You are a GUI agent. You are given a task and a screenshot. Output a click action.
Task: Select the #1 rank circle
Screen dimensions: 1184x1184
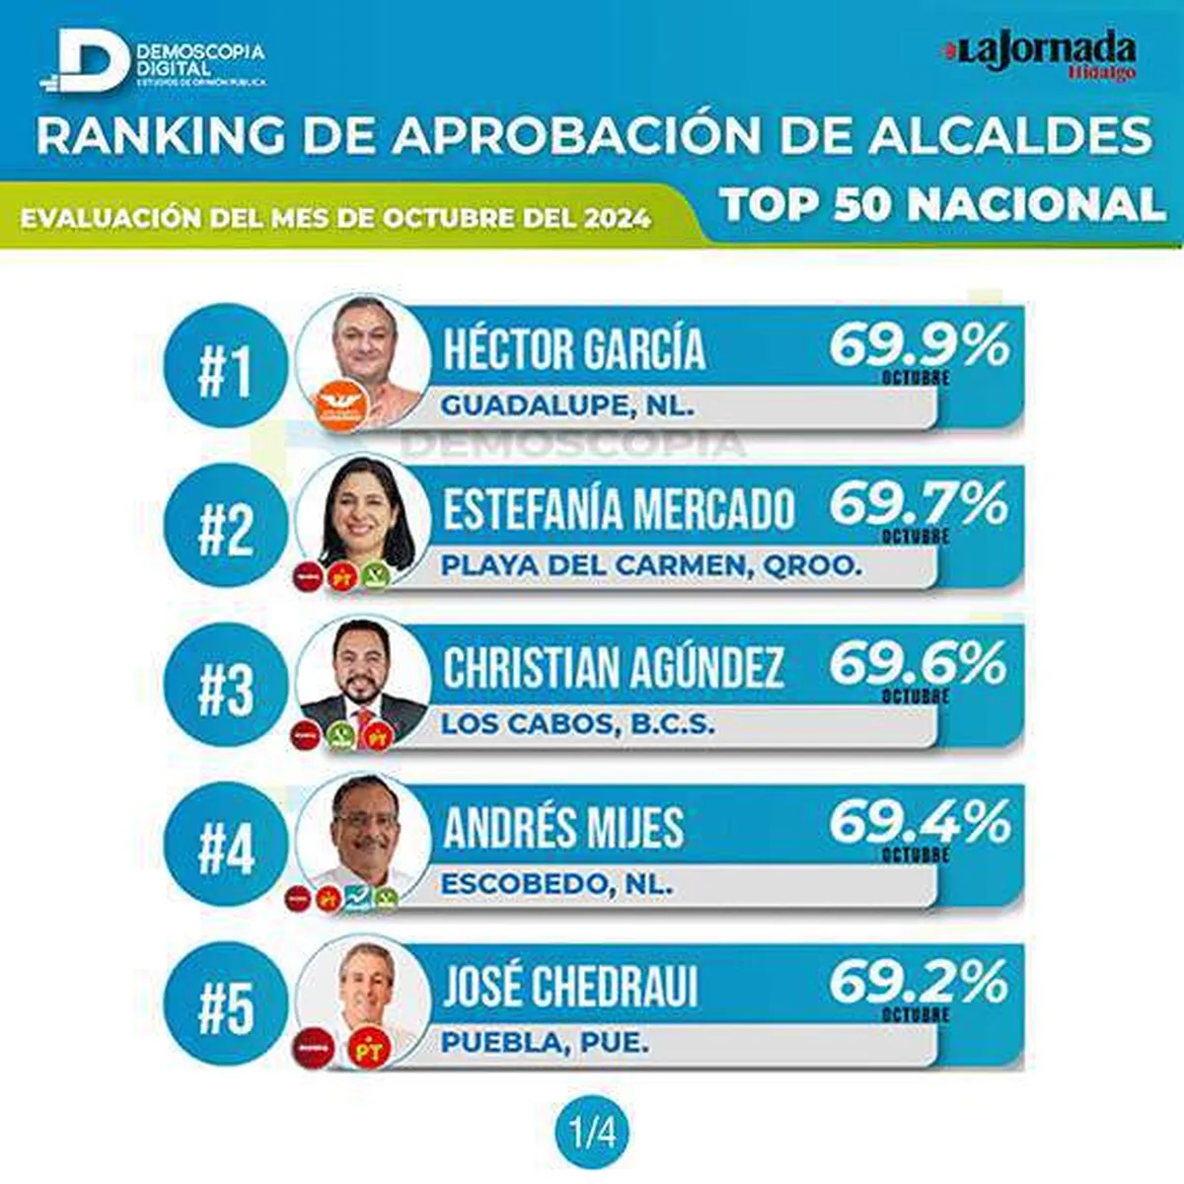pyautogui.click(x=226, y=365)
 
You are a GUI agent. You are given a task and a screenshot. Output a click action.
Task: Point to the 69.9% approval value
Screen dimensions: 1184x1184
pyautogui.click(x=919, y=344)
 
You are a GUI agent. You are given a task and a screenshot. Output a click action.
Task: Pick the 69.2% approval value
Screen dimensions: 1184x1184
pyautogui.click(x=919, y=982)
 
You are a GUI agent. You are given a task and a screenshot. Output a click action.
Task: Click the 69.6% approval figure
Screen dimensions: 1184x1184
pyautogui.click(x=919, y=663)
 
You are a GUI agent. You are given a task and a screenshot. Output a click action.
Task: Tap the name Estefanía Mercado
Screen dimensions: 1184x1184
pyautogui.click(x=619, y=508)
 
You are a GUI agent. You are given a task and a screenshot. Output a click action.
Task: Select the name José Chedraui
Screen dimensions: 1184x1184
pyautogui.click(x=570, y=986)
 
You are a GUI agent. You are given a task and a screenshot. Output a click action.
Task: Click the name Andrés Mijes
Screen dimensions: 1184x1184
pyautogui.click(x=563, y=827)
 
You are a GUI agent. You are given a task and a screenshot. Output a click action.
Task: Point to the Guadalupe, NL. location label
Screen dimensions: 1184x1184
pyautogui.click(x=567, y=405)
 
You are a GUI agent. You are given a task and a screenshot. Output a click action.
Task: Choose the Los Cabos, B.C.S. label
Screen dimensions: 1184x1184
pyautogui.click(x=577, y=723)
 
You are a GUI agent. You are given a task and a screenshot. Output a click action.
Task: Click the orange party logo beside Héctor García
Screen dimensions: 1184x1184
pyautogui.click(x=339, y=404)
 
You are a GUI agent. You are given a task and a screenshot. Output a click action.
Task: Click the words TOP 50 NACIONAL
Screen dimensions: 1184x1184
pyautogui.click(x=942, y=205)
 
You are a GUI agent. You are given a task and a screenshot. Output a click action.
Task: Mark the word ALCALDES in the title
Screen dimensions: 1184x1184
pyautogui.click(x=1010, y=135)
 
